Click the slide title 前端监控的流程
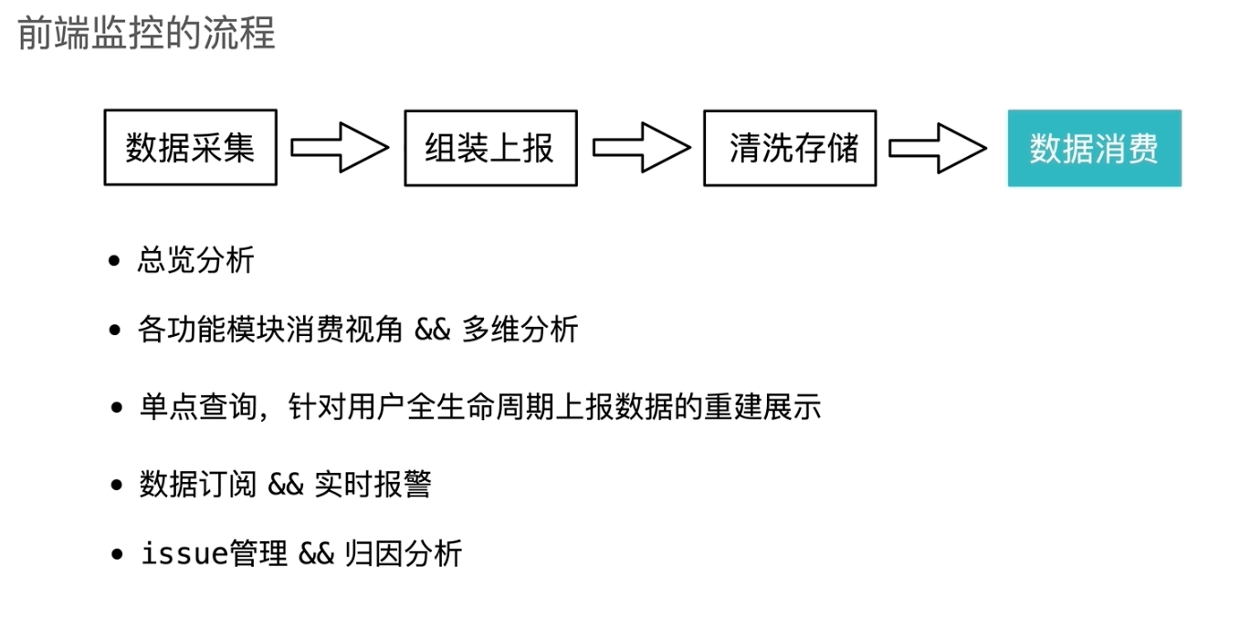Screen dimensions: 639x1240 [147, 34]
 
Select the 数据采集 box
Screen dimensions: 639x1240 [190, 148]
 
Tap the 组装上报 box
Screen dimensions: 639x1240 [490, 148]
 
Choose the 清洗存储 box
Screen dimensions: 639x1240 [790, 148]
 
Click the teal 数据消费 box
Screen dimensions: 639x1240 [1094, 148]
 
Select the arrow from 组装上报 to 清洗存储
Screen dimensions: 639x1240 [640, 148]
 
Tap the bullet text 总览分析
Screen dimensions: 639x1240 [196, 261]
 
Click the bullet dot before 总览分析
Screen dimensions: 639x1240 [114, 262]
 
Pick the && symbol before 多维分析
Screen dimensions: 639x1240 [433, 330]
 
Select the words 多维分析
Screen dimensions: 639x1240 [520, 330]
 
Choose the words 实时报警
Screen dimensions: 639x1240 [372, 485]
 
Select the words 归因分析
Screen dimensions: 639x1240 [404, 553]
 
